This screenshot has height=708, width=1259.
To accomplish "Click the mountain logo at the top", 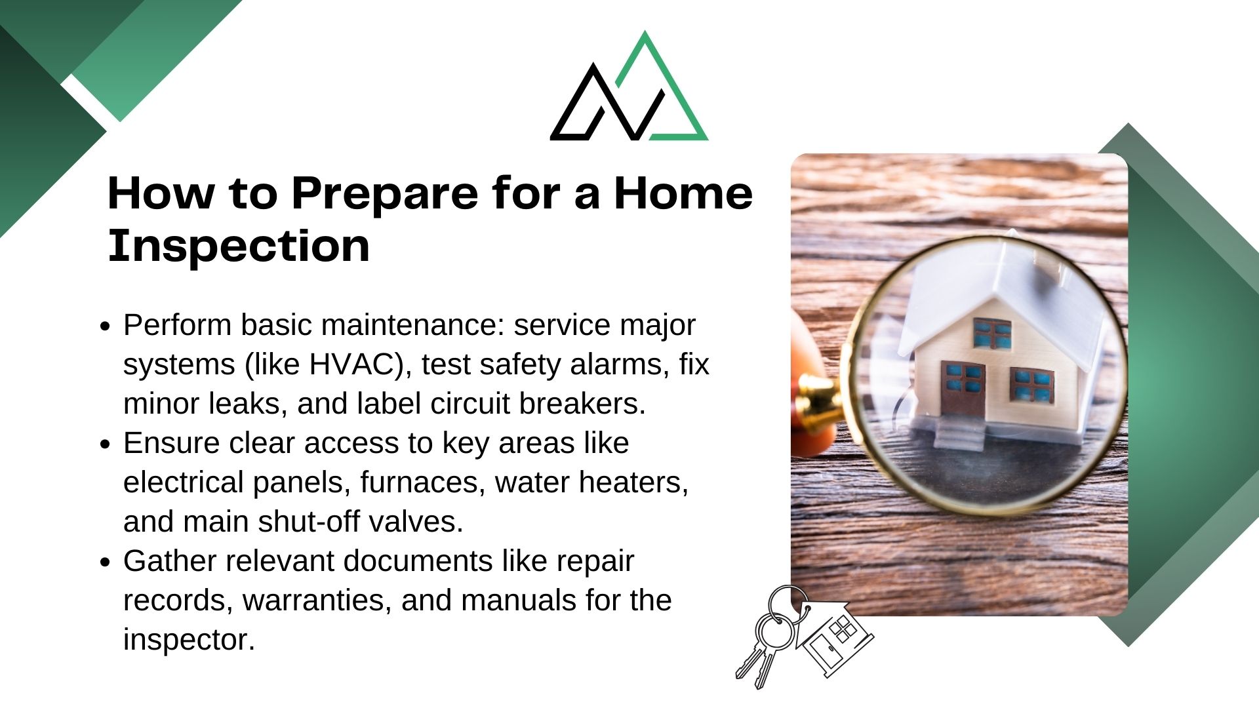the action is (629, 86).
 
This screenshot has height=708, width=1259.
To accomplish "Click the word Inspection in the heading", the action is (239, 246).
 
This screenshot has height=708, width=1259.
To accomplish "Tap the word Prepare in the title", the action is (385, 195).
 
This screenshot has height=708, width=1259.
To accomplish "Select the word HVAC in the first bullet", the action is (356, 364).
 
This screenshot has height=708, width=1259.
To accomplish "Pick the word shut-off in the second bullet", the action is (308, 522).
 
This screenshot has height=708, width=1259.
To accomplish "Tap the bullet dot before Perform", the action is (105, 326).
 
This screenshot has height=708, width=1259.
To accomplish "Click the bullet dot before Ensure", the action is (105, 444).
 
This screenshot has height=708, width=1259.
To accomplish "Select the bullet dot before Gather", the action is (105, 562).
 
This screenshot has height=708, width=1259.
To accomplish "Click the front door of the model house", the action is (963, 389).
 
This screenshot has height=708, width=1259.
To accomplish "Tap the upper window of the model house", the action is (992, 334).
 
